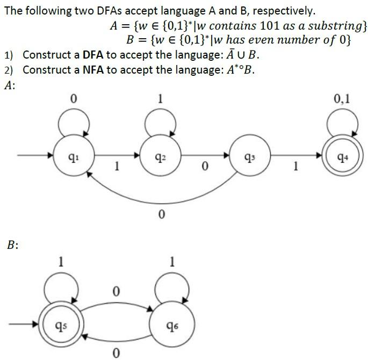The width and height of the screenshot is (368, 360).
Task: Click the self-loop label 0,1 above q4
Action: [342, 98]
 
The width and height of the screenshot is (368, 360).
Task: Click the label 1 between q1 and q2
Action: [117, 167]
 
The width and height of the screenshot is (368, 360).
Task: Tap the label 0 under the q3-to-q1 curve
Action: [161, 215]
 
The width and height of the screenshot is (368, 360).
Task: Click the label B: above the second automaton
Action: [13, 245]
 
